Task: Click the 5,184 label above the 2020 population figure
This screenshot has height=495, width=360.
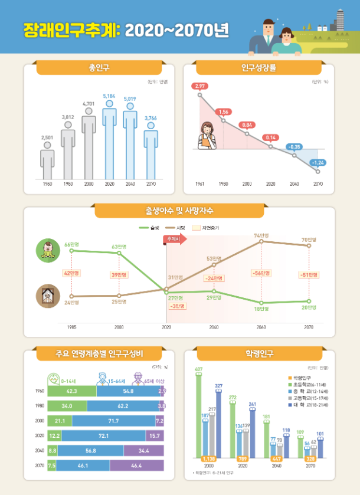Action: [x=109, y=96]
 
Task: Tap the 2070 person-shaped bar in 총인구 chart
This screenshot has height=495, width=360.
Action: [x=150, y=156]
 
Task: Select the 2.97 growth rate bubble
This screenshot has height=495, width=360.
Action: [x=200, y=86]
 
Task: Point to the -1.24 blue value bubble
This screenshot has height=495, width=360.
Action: [x=318, y=162]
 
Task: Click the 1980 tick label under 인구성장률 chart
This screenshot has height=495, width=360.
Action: [x=223, y=184]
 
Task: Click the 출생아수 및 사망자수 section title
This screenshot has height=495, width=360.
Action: [x=179, y=210]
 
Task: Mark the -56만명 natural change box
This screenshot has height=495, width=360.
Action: [x=261, y=273]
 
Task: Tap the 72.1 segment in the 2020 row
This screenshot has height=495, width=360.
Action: [x=103, y=435]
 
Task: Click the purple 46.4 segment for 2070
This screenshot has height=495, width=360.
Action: [x=136, y=466]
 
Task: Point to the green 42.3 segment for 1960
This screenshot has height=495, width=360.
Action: [x=71, y=391]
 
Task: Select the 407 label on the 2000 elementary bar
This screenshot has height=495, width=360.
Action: [x=199, y=370]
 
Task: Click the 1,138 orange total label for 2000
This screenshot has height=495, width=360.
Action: [x=208, y=458]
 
